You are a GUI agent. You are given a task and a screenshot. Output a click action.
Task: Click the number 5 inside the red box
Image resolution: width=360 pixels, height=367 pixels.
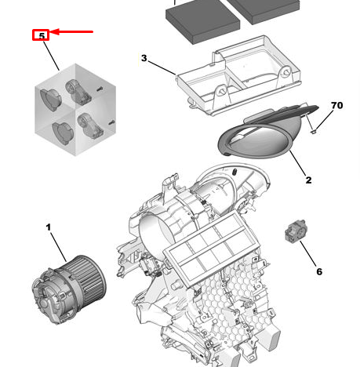tap(41, 35)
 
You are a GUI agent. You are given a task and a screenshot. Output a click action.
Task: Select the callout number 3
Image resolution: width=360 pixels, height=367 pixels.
tap(144, 58)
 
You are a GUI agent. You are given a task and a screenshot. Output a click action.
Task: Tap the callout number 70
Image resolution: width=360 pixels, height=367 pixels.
tap(336, 105)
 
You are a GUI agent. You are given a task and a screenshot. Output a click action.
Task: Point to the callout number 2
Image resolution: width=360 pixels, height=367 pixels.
tap(308, 180)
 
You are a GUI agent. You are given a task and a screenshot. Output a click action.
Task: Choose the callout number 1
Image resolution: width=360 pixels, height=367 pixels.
tap(48, 227)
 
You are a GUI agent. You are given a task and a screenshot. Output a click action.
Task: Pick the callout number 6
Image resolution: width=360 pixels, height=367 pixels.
tap(318, 271)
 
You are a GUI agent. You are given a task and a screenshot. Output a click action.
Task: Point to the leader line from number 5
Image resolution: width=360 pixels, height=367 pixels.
tap(50, 53)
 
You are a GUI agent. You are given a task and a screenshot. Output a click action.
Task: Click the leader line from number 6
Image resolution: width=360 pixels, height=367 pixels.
tap(308, 253)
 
